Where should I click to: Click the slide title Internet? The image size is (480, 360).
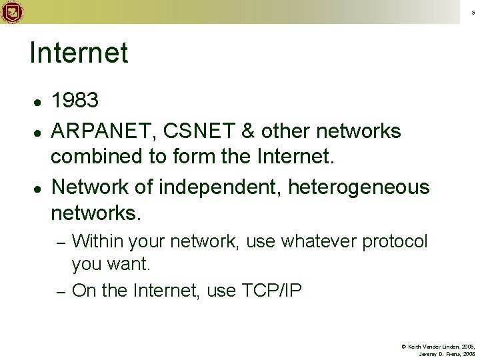pos(79,54)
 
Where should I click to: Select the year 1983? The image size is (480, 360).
pos(75,101)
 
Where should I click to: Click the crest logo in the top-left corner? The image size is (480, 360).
pos(12,11)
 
